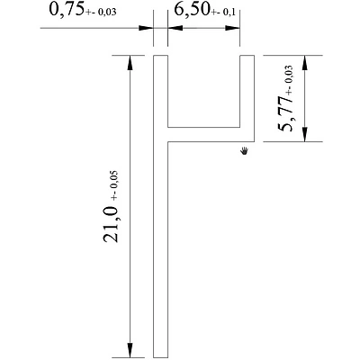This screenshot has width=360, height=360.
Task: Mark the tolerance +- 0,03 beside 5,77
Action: (x=289, y=78)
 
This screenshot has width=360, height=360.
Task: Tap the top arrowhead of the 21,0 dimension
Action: (x=131, y=63)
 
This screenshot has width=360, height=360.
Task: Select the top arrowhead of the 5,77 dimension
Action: (x=307, y=63)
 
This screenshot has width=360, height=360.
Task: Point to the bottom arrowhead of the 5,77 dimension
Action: (x=307, y=134)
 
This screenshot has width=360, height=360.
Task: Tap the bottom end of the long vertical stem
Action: (x=161, y=354)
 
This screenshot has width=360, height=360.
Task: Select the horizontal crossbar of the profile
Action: (x=207, y=134)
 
